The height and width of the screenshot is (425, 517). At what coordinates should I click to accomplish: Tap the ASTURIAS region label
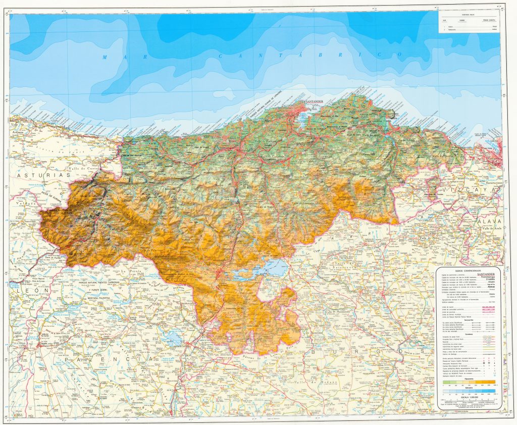pyautogui.click(x=38, y=175)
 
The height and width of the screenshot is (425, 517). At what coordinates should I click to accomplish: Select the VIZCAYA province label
pyautogui.click(x=467, y=190)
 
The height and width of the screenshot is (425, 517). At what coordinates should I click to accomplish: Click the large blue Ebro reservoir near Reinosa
pyautogui.click(x=263, y=268)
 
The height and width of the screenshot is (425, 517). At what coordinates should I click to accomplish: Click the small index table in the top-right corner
pyautogui.click(x=469, y=23)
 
